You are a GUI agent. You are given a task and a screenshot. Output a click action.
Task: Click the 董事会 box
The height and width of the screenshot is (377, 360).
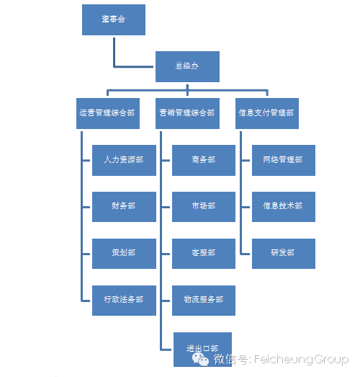[114, 19]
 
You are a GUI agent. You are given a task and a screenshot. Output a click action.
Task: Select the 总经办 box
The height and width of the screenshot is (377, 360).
[187, 66]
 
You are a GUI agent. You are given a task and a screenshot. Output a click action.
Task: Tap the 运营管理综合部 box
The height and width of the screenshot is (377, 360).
[108, 113]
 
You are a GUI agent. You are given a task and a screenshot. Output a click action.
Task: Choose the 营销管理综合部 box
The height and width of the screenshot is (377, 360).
[187, 113]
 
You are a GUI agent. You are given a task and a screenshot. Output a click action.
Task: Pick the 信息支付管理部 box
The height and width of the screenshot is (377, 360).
[267, 113]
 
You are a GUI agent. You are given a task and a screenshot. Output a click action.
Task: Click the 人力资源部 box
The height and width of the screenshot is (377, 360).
[124, 160]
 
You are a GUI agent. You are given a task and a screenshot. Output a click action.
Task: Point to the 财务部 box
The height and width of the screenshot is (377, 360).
[124, 207]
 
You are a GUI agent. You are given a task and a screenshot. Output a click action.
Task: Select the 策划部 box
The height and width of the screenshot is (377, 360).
[124, 254]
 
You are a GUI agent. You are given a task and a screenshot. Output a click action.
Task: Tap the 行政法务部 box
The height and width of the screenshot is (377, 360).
[124, 301]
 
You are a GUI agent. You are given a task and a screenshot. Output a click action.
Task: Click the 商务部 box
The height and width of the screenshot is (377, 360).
[204, 160]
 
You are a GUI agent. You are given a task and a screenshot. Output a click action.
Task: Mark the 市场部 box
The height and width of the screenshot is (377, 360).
[204, 207]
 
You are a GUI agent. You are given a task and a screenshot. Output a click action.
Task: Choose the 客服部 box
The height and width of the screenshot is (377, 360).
[204, 254]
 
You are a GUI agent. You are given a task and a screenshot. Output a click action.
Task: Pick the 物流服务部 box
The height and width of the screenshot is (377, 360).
[204, 301]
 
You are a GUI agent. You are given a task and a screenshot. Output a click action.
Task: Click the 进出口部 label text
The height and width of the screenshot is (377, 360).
[202, 348]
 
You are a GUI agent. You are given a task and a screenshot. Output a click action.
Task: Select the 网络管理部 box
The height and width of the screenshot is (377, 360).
[284, 160]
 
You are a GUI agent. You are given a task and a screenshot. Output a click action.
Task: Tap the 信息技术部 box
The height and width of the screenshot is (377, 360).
[284, 207]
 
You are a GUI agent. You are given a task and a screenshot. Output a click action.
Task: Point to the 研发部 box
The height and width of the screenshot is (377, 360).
[284, 254]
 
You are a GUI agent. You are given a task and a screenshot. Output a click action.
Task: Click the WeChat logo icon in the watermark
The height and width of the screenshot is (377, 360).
[200, 360]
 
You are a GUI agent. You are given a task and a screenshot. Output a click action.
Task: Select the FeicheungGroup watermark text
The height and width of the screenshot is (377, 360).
[301, 360]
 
